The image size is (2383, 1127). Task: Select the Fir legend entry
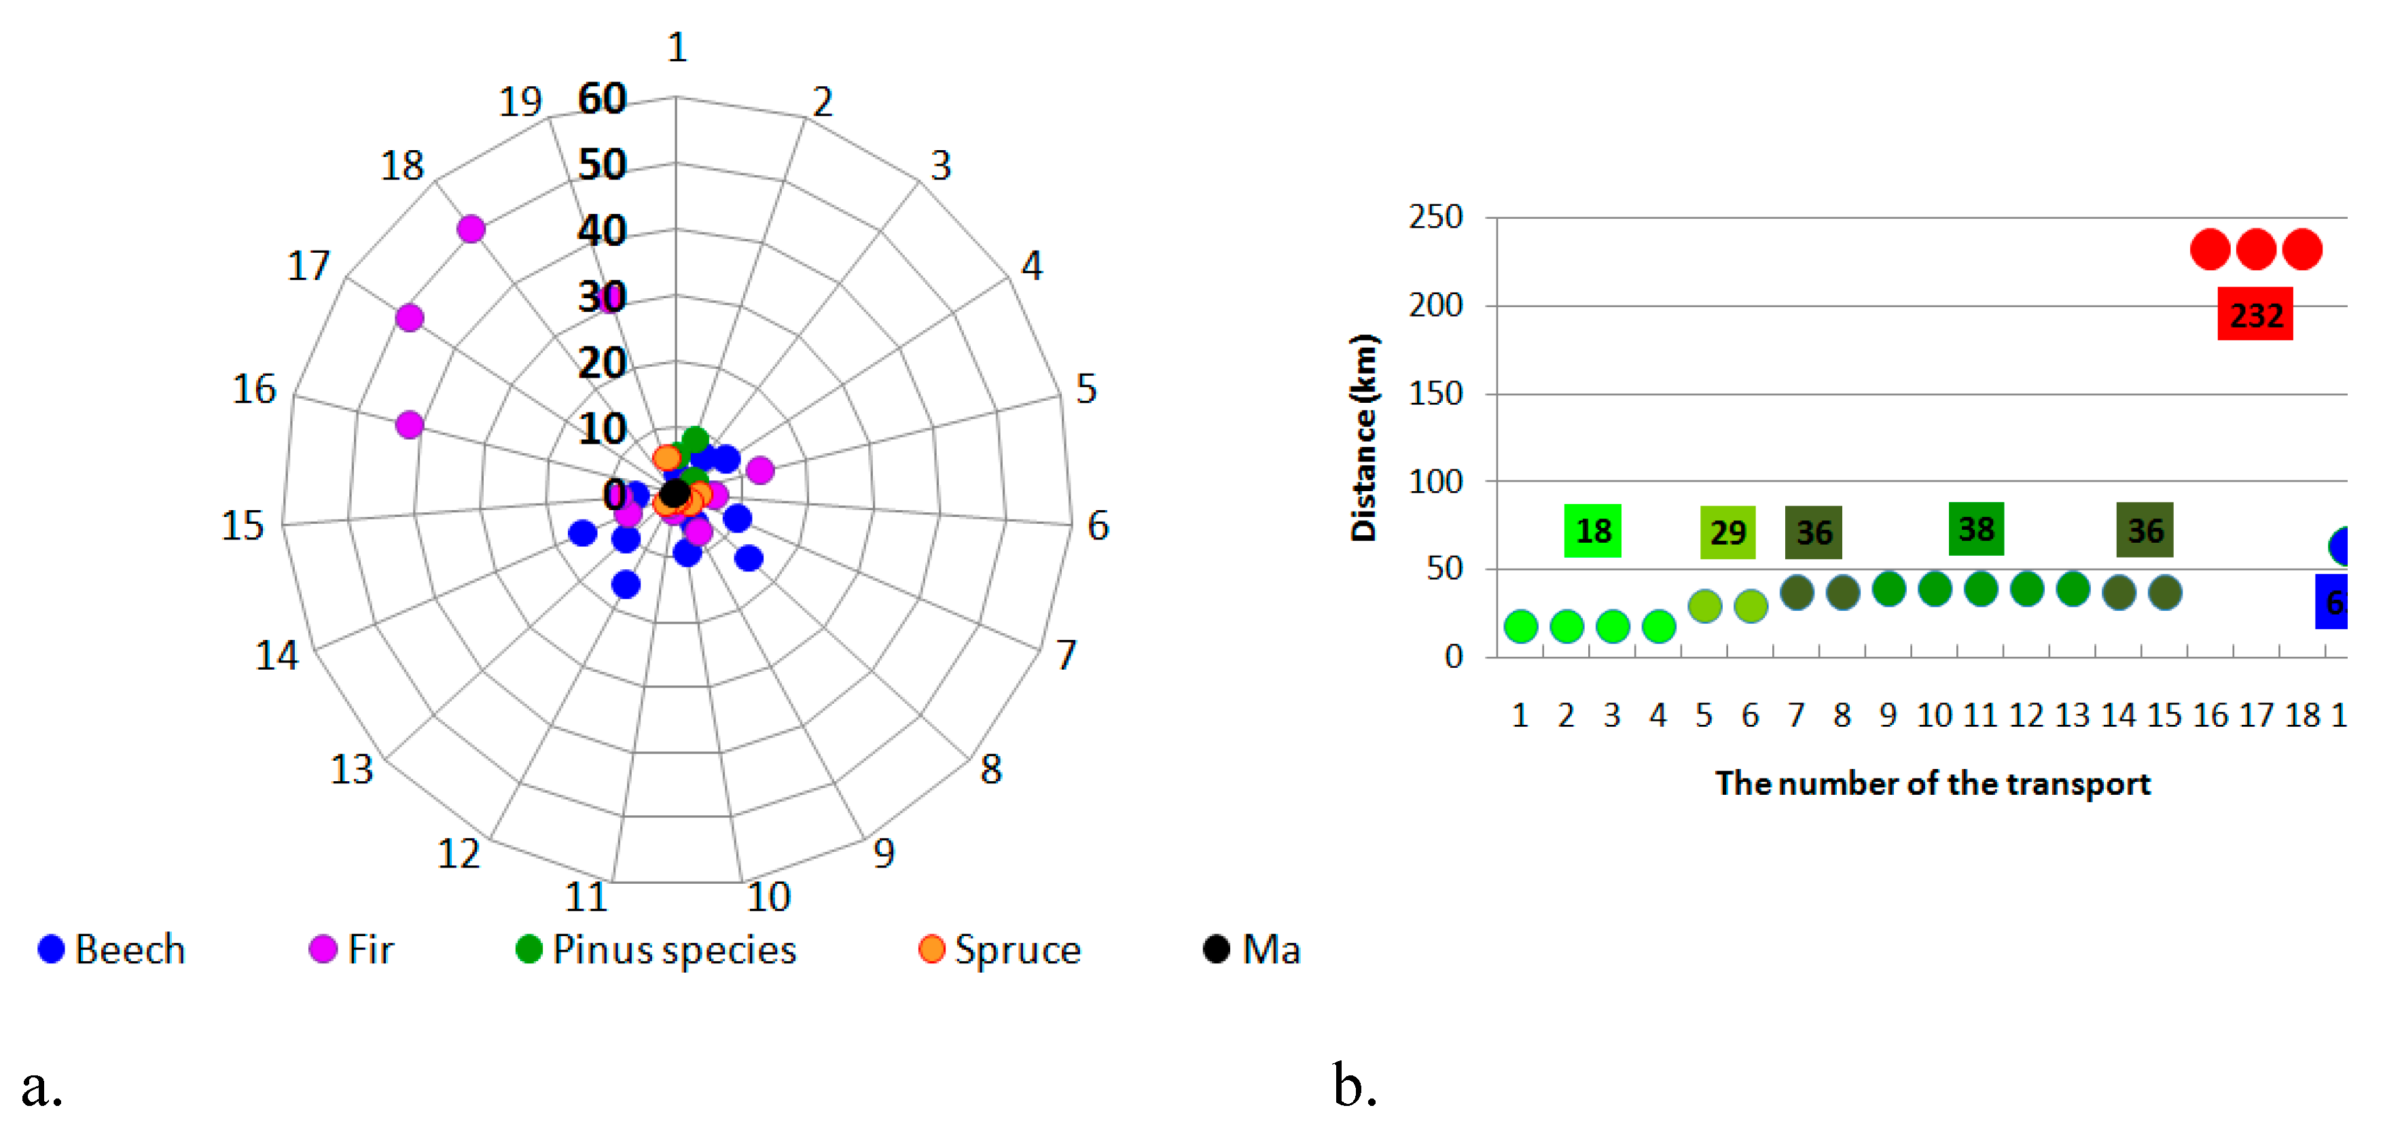351,949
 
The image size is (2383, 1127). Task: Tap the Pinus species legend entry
656,949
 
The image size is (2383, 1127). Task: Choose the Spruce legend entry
1000,949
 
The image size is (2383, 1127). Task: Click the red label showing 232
2255,315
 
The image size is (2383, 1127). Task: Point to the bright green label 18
1592,531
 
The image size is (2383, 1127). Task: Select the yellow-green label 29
1727,532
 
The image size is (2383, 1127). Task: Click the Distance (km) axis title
1363,437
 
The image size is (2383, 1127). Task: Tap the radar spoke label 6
1097,526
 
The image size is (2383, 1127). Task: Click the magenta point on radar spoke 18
471,228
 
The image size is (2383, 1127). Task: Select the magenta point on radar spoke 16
409,425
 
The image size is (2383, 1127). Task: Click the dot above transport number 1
1521,626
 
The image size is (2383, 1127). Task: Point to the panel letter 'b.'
1355,1086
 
